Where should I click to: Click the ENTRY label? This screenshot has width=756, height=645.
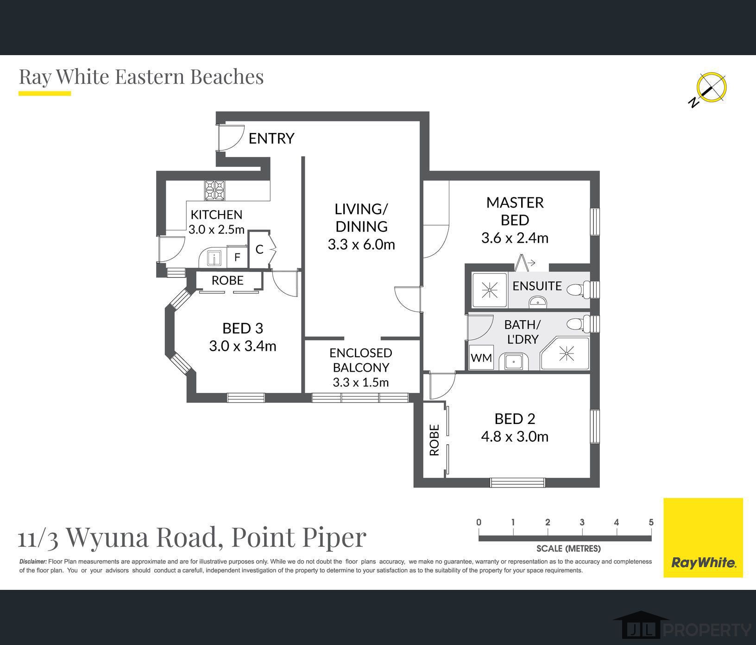pos(271,138)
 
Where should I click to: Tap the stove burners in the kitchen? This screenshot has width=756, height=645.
pos(214,190)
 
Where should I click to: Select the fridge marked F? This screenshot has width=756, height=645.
pos(237,257)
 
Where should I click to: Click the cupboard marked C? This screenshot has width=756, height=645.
pos(259,249)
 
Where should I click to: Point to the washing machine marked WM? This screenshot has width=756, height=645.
pos(481,358)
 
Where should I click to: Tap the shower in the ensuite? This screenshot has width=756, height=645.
pos(490,291)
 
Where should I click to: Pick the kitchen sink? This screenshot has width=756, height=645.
pos(214,258)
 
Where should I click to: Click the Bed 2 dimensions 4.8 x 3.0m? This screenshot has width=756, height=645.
pos(515,436)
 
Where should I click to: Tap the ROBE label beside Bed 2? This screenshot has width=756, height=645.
pos(434,440)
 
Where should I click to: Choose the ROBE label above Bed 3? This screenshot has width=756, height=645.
pos(227,280)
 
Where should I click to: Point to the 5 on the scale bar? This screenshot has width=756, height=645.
pos(651,522)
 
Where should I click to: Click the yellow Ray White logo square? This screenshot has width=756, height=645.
pos(703,537)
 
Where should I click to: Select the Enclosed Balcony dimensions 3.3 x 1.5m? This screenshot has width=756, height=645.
pos(360,382)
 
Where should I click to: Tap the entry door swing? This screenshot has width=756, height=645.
pos(232,138)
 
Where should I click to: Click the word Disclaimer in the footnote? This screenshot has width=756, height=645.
pos(33,562)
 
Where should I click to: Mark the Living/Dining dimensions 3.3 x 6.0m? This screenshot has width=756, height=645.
pos(361,244)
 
